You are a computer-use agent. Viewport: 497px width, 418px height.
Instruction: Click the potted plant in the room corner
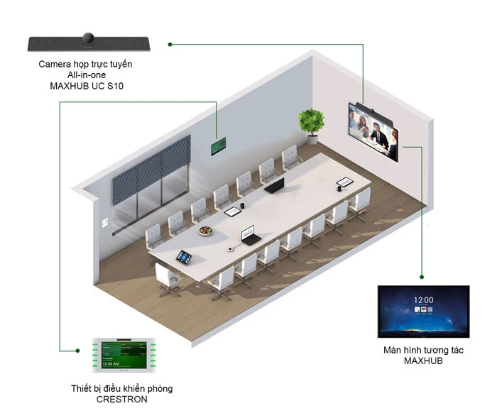click(311, 124)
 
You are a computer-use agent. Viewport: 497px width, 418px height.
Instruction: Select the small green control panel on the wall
click(219, 146)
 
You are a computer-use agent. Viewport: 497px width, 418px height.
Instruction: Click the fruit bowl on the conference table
click(205, 231)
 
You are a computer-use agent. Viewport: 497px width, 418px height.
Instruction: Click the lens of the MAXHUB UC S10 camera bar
click(89, 38)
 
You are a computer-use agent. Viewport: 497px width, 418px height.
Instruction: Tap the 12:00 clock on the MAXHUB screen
click(424, 300)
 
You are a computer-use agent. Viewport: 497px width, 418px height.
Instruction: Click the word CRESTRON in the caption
click(121, 399)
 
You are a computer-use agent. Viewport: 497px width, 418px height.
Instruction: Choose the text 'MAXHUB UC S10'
click(85, 87)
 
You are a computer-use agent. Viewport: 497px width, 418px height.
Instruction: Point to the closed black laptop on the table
click(275, 186)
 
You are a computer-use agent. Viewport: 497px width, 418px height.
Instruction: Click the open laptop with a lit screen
click(249, 236)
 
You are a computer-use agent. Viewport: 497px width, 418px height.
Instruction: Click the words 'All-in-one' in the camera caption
click(85, 75)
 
